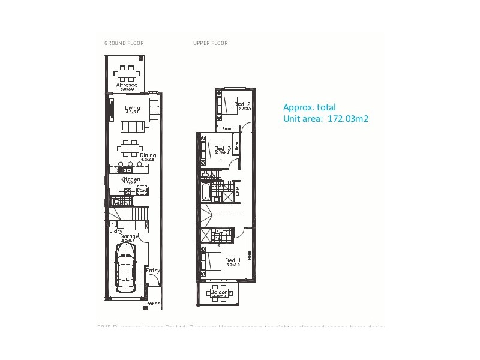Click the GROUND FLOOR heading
[x=124, y=43]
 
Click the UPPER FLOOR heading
[x=211, y=43]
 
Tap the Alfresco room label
[x=127, y=85]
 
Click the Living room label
[x=133, y=109]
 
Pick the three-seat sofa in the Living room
[x=133, y=125]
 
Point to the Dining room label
[x=148, y=155]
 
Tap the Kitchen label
[x=130, y=179]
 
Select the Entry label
[x=153, y=271]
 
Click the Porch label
[x=153, y=304]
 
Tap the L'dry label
[x=116, y=230]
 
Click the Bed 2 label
[x=242, y=104]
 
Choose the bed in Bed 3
[x=212, y=148]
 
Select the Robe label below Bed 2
[x=227, y=129]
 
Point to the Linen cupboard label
[x=238, y=192]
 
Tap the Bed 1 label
[x=232, y=260]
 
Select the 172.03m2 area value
[x=347, y=119]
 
